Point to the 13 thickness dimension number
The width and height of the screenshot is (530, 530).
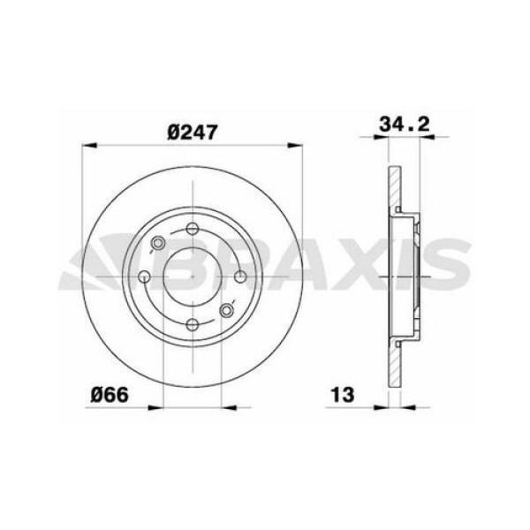[x=342, y=394]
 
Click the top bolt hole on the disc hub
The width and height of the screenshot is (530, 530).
[x=193, y=229]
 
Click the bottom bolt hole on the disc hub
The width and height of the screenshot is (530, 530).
[x=193, y=323]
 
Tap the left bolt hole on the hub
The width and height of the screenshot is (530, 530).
[x=146, y=276]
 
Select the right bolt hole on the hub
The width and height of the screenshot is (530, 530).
[x=239, y=276]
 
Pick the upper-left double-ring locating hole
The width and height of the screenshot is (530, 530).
[x=159, y=244]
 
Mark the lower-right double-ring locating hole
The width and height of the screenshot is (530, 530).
[x=226, y=309]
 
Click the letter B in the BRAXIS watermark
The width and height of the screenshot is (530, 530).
[x=189, y=264]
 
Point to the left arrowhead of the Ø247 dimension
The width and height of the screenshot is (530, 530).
[x=87, y=145]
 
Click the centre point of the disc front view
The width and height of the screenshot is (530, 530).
[x=193, y=276]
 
